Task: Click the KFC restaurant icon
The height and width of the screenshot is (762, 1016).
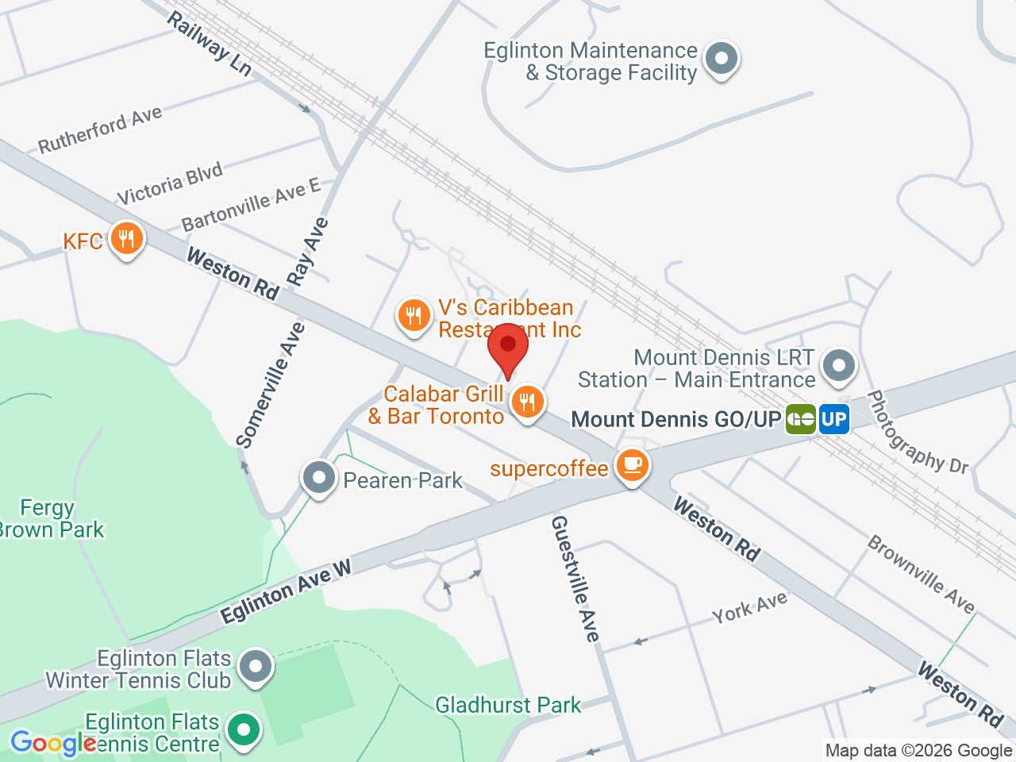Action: point(125,239)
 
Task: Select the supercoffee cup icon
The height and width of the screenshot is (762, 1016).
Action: point(632,465)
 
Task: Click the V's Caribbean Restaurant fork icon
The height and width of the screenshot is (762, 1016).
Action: point(413,316)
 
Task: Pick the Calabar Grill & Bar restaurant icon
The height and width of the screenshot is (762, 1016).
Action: point(527,402)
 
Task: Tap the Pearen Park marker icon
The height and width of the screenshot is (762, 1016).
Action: point(320,479)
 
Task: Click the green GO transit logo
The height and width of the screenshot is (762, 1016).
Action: point(801,419)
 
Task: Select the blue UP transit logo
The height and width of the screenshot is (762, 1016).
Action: point(834,419)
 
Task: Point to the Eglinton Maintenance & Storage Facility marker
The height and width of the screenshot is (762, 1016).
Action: point(722,59)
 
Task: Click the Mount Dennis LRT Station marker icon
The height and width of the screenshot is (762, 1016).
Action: point(838,366)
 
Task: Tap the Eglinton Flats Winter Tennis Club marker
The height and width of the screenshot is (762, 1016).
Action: point(255,668)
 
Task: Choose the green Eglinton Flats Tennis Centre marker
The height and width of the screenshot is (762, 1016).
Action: point(244,729)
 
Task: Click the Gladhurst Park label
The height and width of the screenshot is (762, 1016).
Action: point(508,705)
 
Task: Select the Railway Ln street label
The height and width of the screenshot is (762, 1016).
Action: point(210,44)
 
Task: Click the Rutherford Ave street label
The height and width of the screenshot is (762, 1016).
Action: point(100,130)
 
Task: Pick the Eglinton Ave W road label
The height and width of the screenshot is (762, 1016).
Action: point(286,592)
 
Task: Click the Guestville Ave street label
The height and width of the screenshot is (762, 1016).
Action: point(575,578)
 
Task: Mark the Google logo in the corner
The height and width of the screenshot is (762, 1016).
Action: point(52,744)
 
